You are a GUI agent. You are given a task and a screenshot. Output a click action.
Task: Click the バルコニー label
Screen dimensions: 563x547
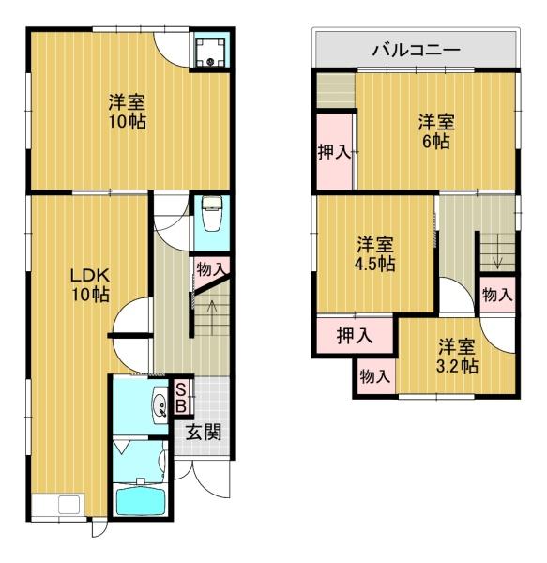pyautogui.click(x=416, y=49)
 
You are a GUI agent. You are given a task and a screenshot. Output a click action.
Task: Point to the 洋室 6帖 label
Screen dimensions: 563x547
pyautogui.click(x=436, y=131)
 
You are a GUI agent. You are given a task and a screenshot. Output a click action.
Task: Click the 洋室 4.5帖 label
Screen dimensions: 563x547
pyautogui.click(x=374, y=254)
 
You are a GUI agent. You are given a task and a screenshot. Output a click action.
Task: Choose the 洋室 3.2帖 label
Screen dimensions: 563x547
pyautogui.click(x=458, y=355)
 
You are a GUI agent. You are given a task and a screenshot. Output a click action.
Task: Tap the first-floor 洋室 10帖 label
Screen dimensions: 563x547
pyautogui.click(x=126, y=111)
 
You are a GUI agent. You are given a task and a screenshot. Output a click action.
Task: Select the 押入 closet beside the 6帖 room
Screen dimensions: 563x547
pyautogui.click(x=334, y=152)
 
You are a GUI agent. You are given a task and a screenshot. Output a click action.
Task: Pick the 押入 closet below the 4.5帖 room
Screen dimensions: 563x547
pyautogui.click(x=355, y=335)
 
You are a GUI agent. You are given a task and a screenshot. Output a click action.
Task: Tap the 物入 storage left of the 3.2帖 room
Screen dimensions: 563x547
pyautogui.click(x=375, y=377)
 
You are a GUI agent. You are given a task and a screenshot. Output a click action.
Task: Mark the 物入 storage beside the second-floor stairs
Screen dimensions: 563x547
pyautogui.click(x=497, y=295)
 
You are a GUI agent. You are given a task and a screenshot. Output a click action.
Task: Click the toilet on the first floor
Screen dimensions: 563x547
pyautogui.click(x=210, y=216)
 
